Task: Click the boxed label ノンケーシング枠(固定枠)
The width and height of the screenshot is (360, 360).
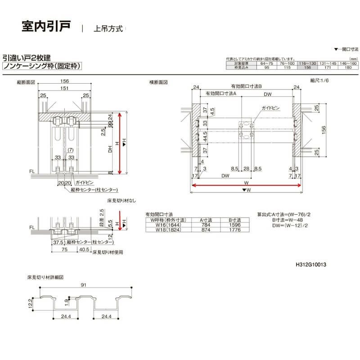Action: click(42, 66)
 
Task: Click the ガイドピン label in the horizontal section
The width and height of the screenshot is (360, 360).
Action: click(270, 109)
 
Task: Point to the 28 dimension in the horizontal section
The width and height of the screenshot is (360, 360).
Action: click(246, 168)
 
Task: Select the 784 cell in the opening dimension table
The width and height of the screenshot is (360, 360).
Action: click(202, 225)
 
